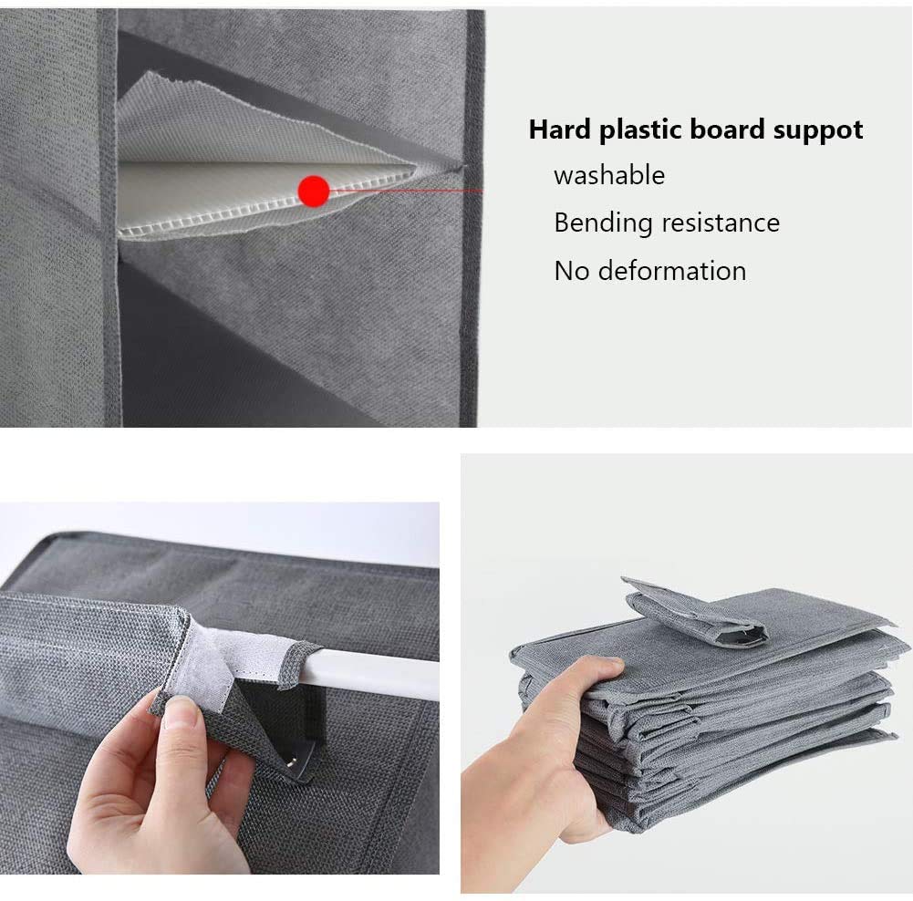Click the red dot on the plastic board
click(x=314, y=191)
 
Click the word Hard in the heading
click(x=559, y=129)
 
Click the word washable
click(x=609, y=175)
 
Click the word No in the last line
click(x=572, y=271)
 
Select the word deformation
click(x=672, y=271)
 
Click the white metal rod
click(x=367, y=674)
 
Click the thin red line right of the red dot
click(x=406, y=190)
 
